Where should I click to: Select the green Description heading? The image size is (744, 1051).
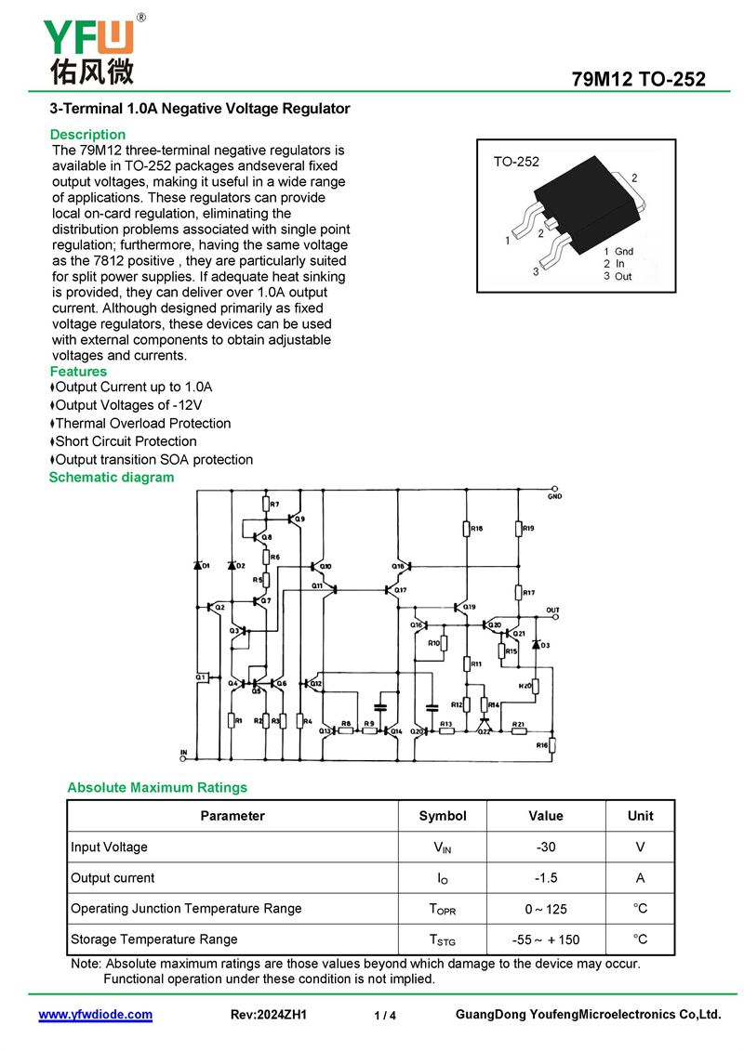coord(87,135)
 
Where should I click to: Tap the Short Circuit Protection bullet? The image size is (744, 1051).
coord(126,441)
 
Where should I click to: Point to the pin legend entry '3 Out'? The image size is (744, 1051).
coord(618,276)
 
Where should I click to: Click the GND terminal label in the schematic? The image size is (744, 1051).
coord(554,497)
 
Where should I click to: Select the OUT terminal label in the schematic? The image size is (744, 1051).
coord(553,611)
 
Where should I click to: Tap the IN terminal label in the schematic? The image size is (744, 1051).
coord(183,752)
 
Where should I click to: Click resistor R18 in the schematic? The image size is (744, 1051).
coord(467,529)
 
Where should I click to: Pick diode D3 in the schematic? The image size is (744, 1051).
coord(536,644)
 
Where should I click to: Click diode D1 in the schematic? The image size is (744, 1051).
coord(198,565)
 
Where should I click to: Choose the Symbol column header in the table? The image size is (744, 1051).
coord(443,816)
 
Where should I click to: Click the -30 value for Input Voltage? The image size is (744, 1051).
coord(545,847)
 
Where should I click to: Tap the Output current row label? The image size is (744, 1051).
coord(113,878)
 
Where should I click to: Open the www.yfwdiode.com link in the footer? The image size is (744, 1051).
coord(95,1015)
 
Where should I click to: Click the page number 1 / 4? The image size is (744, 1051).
coord(385,1016)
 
